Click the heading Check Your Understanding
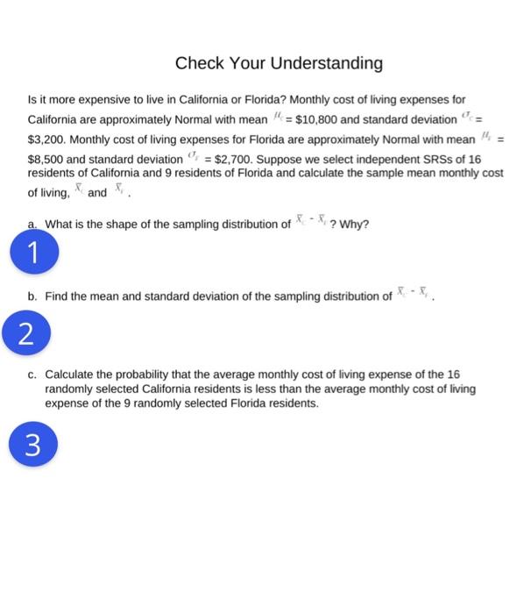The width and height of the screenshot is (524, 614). (x=279, y=63)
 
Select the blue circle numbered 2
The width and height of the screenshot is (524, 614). (x=32, y=334)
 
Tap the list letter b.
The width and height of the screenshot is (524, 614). (x=32, y=296)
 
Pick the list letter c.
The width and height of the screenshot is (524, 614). (x=32, y=374)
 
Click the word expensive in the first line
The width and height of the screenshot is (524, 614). (x=102, y=100)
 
